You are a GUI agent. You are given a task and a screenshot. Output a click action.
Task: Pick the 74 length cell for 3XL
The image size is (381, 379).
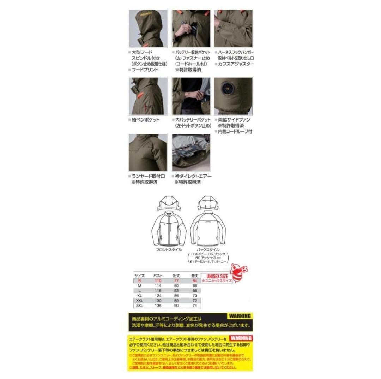(x=194, y=305)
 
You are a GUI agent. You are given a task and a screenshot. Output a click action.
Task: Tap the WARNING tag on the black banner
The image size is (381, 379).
(x=239, y=316)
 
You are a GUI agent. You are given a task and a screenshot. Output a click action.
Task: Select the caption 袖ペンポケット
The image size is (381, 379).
(x=146, y=120)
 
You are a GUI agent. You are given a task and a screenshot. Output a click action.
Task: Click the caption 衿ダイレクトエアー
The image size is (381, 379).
(x=193, y=176)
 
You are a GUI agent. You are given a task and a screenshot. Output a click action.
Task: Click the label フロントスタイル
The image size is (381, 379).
(x=169, y=249)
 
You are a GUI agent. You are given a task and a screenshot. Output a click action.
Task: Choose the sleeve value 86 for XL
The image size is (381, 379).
(x=177, y=295)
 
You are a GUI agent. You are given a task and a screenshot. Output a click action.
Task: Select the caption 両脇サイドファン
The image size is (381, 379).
(x=234, y=120)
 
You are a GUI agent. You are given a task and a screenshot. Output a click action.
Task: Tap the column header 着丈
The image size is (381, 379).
(x=194, y=275)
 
